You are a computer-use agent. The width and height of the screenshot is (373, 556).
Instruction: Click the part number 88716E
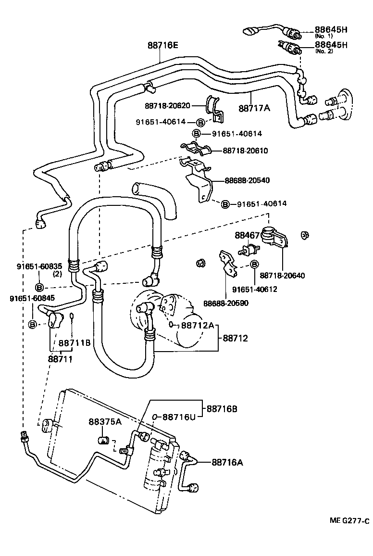pyautogui.click(x=162, y=45)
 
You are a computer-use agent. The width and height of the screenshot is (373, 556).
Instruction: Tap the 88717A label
pyautogui.click(x=254, y=108)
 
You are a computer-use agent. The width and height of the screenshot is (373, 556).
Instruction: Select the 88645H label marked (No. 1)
pyautogui.click(x=331, y=29)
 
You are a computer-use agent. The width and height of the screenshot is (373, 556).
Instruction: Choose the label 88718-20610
pyautogui.click(x=245, y=151)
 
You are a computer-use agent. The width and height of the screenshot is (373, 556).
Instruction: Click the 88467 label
pyautogui.click(x=247, y=235)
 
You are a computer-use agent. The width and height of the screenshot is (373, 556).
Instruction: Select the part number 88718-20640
pyautogui.click(x=282, y=276)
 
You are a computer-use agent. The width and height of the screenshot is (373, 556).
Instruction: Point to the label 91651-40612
pyautogui.click(x=254, y=289)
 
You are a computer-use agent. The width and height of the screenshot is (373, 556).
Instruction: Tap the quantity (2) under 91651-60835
pyautogui.click(x=44, y=274)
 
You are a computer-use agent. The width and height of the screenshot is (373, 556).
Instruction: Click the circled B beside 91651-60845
pyautogui.click(x=33, y=325)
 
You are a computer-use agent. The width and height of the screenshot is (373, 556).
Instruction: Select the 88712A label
pyautogui.click(x=197, y=326)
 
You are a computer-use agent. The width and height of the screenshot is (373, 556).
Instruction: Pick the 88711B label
pyautogui.click(x=75, y=343)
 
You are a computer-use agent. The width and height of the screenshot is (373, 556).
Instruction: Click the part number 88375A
pyautogui.click(x=105, y=422)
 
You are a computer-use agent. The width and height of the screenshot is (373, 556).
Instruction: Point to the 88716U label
pyautogui.click(x=179, y=417)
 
